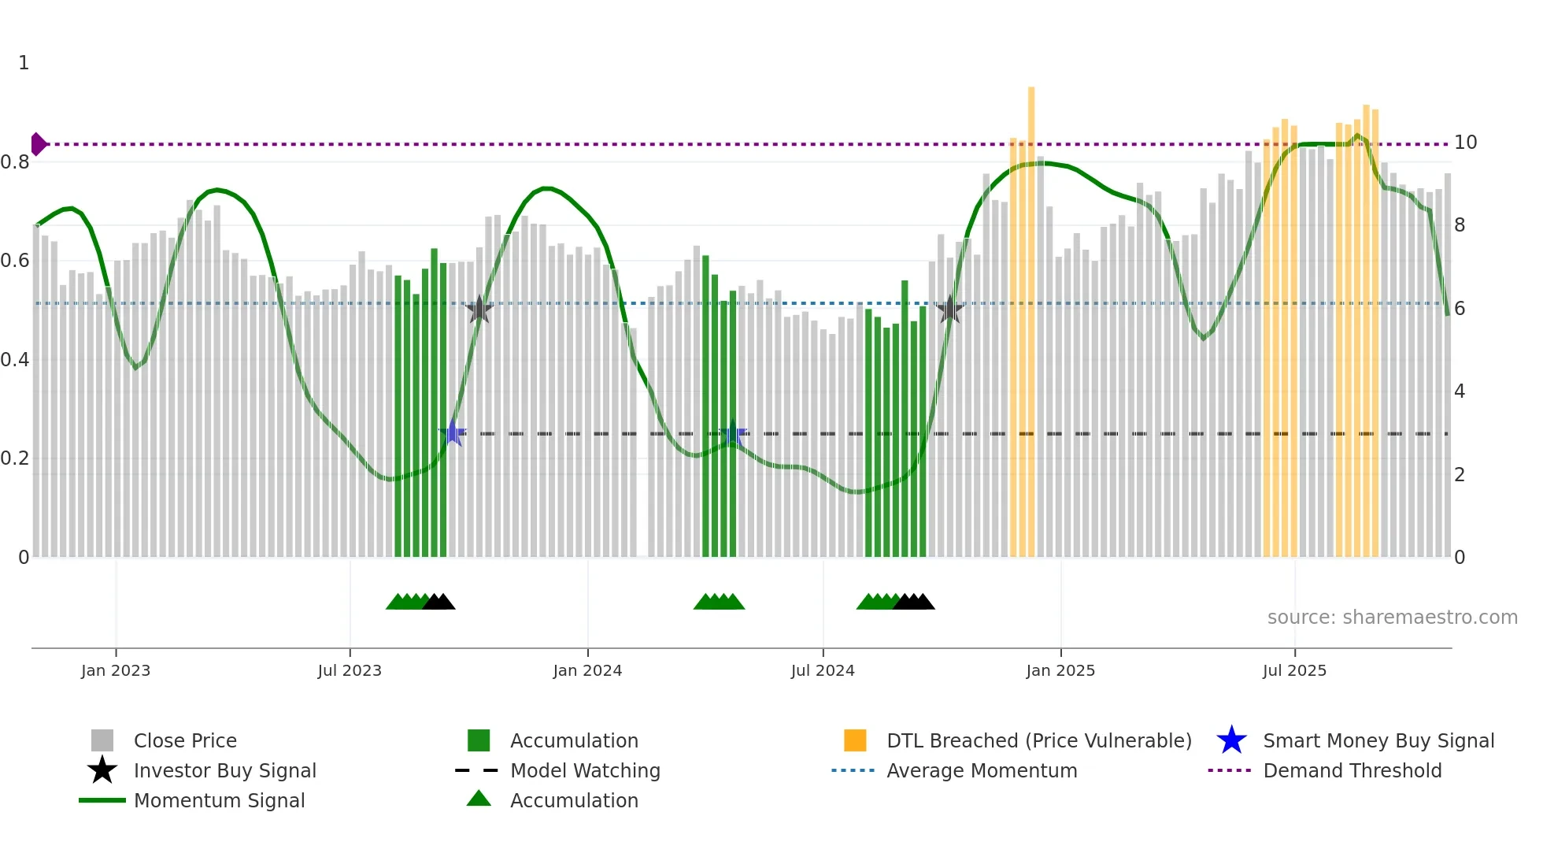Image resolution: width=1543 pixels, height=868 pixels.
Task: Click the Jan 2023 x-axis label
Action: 115,670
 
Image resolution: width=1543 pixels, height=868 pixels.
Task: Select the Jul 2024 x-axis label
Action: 823,670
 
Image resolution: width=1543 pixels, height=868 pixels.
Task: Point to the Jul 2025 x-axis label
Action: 1294,670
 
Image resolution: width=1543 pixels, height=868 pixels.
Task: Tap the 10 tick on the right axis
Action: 1465,143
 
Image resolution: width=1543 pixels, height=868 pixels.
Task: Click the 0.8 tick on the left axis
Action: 15,162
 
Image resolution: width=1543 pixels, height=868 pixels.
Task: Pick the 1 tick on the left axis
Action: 24,63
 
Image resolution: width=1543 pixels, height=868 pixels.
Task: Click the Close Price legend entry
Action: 184,740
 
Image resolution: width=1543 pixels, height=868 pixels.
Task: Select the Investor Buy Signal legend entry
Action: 224,770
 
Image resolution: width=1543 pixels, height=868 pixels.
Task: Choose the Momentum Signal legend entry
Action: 219,800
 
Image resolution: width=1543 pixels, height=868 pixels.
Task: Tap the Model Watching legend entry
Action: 584,770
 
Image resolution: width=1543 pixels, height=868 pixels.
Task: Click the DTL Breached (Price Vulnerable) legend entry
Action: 1038,740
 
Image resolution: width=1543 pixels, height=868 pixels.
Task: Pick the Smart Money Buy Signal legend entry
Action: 1378,740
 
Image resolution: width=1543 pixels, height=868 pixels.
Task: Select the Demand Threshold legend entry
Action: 1352,770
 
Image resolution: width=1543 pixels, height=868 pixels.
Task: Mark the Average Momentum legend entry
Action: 981,770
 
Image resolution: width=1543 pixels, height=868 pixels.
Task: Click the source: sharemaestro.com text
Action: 1392,618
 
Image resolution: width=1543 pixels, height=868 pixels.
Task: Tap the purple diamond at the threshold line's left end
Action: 38,144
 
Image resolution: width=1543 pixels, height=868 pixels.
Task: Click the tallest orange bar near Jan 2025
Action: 1031,315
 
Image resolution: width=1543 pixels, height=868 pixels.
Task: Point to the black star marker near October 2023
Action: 479,310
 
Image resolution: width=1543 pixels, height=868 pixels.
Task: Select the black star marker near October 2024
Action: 950,310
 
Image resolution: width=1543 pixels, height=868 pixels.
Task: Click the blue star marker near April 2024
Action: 733,434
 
